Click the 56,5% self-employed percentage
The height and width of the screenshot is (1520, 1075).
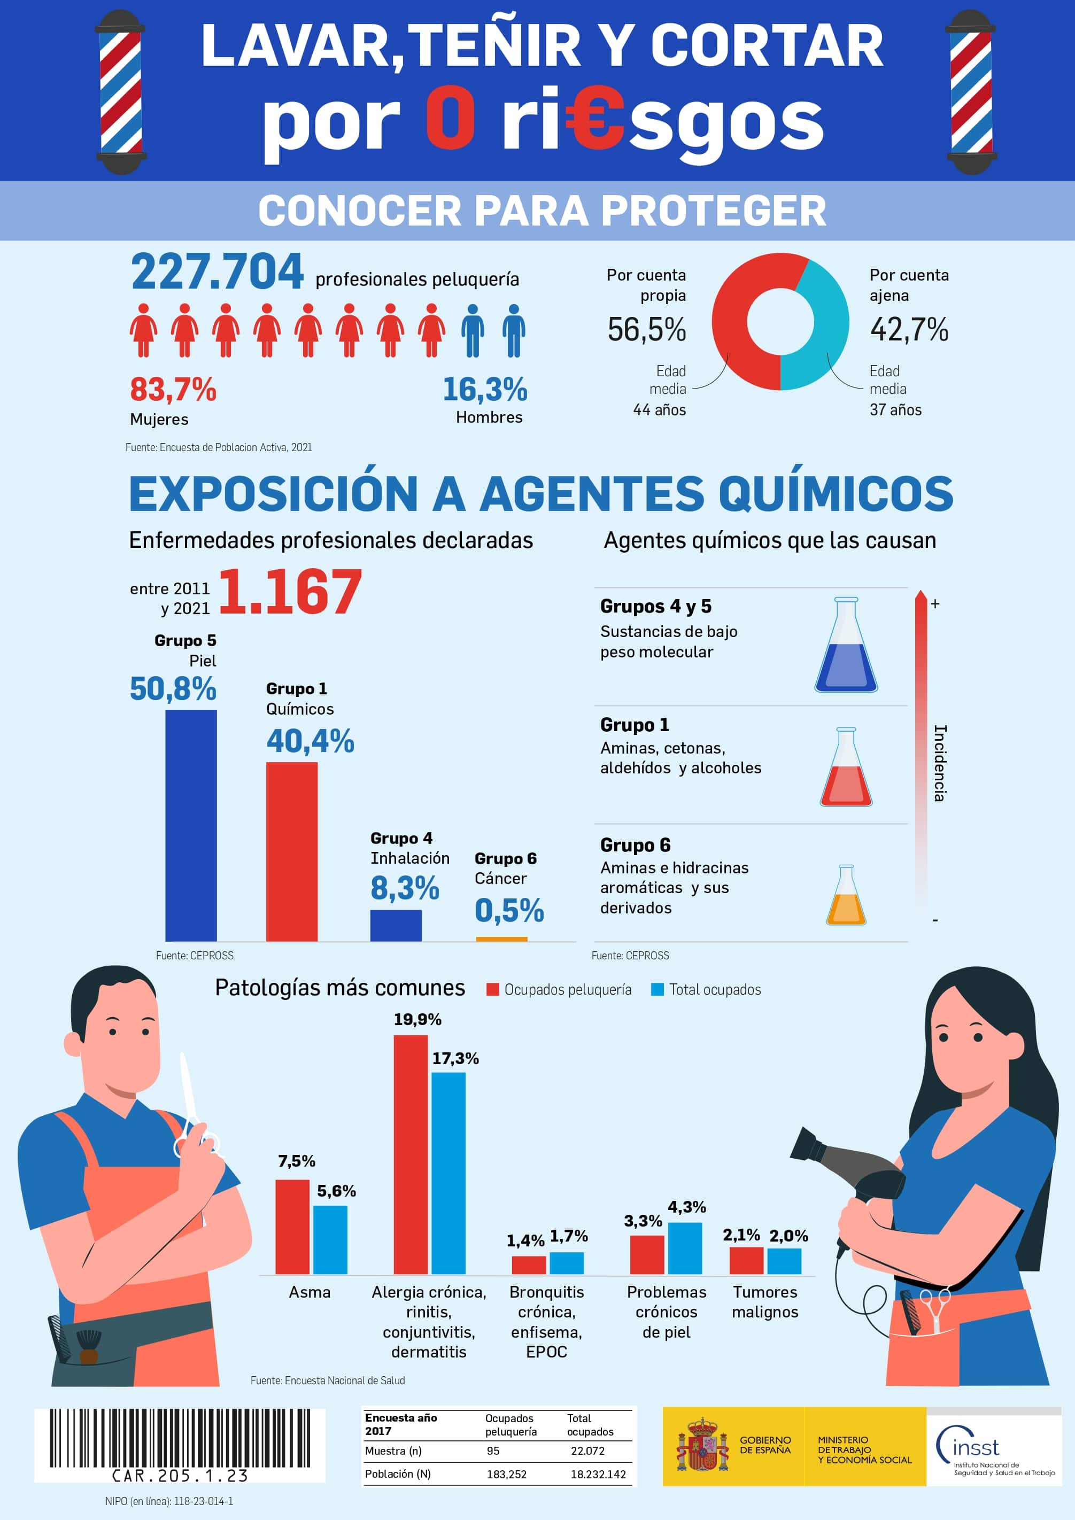click(647, 330)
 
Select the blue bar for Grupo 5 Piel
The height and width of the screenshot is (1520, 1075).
click(191, 824)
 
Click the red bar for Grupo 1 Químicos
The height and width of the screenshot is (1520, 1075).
click(291, 851)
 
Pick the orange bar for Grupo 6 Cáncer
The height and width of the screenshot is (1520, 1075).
click(501, 938)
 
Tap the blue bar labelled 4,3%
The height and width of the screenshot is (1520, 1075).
click(684, 1248)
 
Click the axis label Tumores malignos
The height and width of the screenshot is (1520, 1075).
click(764, 1301)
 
